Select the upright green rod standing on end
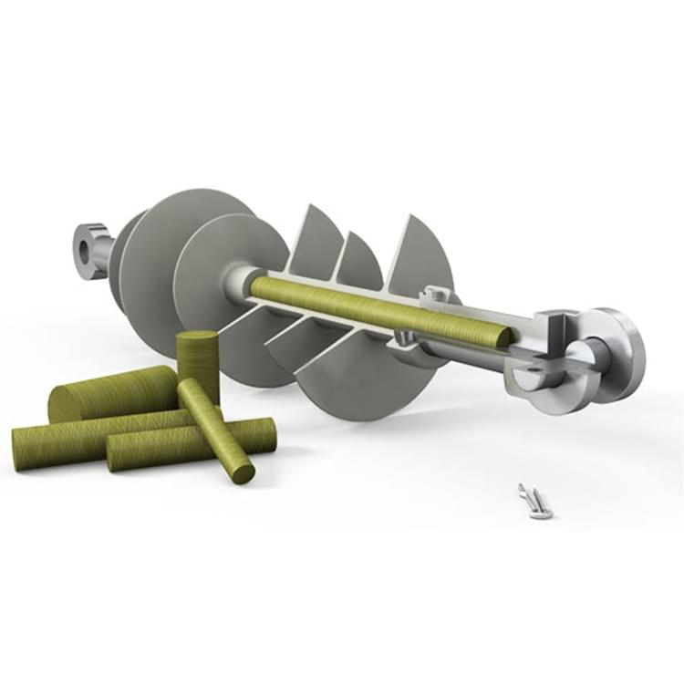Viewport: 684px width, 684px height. (x=199, y=365)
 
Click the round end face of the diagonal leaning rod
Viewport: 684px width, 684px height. (x=243, y=472)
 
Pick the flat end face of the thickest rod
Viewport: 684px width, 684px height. (x=64, y=403)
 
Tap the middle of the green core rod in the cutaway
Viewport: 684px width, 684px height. (x=374, y=310)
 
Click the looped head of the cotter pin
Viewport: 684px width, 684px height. (x=524, y=492)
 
